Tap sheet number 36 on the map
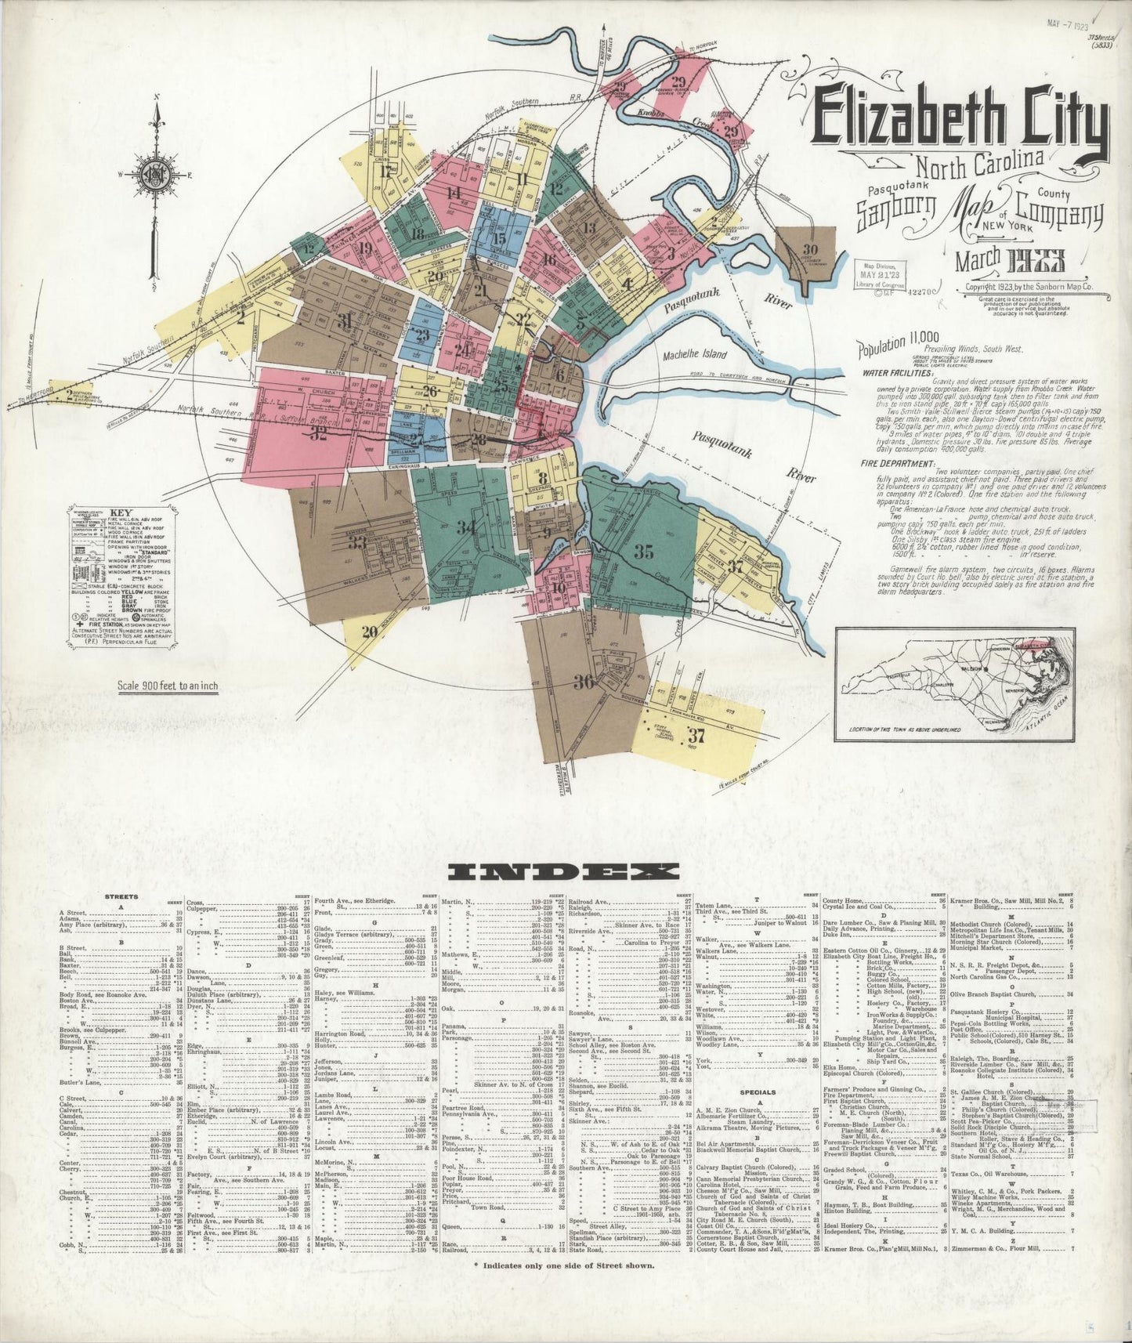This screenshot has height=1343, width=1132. point(583,682)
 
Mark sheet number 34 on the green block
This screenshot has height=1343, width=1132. point(467,528)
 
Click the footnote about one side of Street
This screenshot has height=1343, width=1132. point(564,1287)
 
